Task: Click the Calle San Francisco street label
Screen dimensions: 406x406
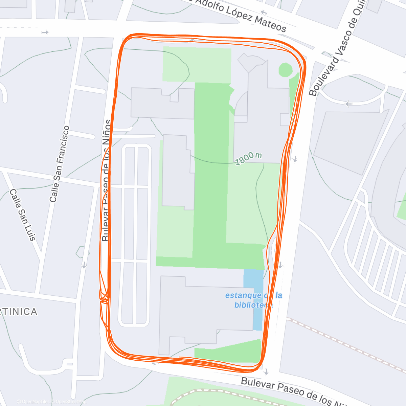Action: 59,164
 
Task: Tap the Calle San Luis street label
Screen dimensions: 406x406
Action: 22,215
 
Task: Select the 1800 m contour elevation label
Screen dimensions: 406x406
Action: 249,158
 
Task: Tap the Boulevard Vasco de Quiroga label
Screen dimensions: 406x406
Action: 338,47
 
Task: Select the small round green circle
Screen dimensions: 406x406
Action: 285,70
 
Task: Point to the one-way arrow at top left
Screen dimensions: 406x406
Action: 45,32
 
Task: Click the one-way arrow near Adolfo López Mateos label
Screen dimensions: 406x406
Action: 264,13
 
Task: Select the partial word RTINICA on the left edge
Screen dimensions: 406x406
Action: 19,312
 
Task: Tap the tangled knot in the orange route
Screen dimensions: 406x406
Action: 104,296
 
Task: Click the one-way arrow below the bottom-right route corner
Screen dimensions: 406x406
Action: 267,371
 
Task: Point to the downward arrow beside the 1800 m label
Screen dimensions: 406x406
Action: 295,159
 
